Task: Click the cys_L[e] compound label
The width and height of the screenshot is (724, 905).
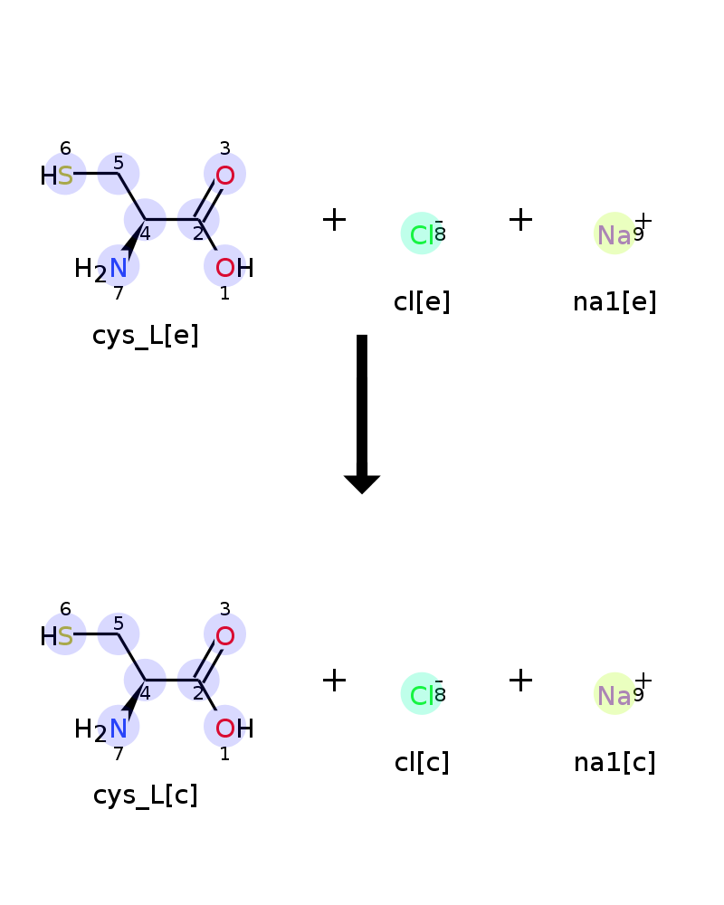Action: tap(146, 336)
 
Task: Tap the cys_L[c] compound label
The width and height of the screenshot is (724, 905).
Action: tap(146, 795)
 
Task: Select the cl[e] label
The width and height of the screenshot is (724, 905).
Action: tap(422, 301)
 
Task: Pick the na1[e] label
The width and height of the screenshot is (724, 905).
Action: tap(614, 301)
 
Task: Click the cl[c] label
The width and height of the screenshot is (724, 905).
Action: tap(422, 762)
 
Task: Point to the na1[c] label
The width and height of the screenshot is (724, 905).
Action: tap(614, 762)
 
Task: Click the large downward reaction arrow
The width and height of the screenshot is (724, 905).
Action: tap(362, 414)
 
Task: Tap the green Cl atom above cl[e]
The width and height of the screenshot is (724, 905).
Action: tap(422, 235)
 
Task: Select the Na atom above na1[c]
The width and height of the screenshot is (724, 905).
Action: tap(614, 695)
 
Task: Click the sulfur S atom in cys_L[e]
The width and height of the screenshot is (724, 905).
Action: tap(65, 176)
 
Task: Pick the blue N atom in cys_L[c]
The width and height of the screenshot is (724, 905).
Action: tap(119, 729)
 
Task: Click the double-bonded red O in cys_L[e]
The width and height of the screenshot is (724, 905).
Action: tap(225, 176)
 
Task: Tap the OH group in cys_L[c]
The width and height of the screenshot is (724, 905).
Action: tap(234, 729)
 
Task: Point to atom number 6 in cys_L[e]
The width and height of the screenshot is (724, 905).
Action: tap(65, 148)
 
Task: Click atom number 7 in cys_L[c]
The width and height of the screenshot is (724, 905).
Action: tap(119, 754)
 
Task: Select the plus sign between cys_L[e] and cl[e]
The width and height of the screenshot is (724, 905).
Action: tap(334, 220)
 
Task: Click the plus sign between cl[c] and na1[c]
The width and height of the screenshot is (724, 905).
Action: tap(520, 680)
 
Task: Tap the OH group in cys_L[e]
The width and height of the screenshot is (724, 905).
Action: tap(234, 268)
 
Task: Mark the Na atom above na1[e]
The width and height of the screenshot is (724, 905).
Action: tap(614, 235)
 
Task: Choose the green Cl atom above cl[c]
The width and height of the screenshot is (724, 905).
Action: tap(422, 695)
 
